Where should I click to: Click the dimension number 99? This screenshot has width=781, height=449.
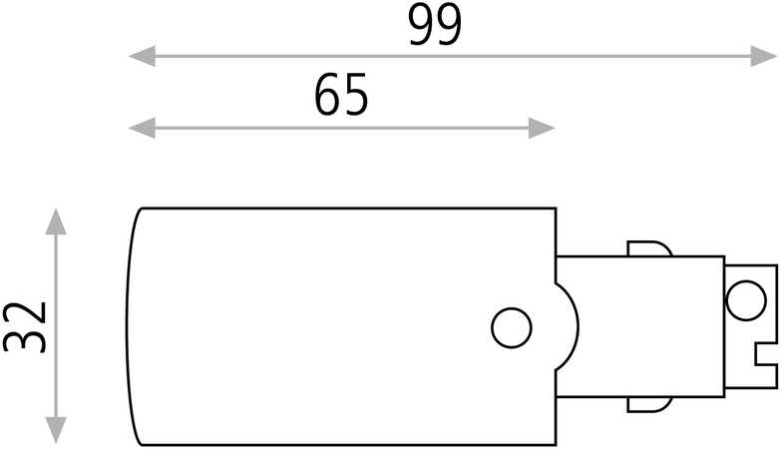coord(435,26)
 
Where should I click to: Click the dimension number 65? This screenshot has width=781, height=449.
coord(342,95)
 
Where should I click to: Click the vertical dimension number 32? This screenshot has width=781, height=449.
coord(25,326)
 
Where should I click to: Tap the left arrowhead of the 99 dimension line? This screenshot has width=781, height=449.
coord(143,56)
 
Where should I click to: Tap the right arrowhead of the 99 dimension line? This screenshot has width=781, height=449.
coord(764,56)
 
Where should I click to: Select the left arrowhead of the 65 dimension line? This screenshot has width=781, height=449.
coord(143,128)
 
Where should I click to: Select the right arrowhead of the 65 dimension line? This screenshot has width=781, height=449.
coord(542,128)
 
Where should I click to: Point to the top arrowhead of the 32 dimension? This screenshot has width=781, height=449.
coord(56,222)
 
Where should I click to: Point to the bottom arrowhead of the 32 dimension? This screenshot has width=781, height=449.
coord(56,430)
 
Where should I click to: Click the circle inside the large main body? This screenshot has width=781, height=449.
coord(512,328)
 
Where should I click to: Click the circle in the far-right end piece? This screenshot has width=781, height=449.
coord(746,300)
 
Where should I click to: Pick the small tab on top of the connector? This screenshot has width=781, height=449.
coord(650,249)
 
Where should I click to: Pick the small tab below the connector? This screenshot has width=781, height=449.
coord(650,405)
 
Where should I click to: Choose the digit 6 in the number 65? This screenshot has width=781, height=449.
coord(328,95)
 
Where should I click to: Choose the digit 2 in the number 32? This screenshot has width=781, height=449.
coord(25,314)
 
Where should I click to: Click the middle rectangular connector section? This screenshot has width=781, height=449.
coord(640,327)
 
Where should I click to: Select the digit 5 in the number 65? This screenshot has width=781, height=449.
coord(356,95)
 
